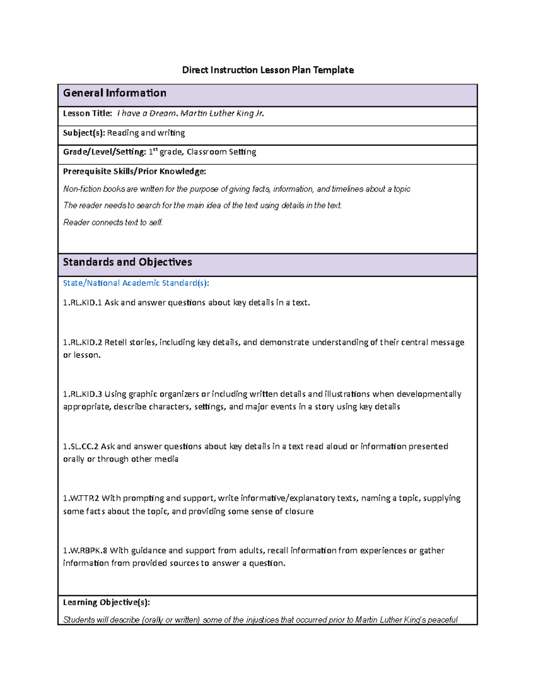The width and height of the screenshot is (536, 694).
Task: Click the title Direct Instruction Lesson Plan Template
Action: click(268, 70)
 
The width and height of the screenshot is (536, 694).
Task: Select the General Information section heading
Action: click(115, 93)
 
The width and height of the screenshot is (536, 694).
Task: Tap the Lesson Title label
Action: click(88, 114)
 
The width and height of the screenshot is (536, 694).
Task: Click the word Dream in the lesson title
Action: click(163, 114)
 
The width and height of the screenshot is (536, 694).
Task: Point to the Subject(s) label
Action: click(84, 133)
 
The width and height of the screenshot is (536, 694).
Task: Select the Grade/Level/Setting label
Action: click(105, 152)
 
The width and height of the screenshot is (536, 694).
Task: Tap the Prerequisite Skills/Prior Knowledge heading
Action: click(134, 171)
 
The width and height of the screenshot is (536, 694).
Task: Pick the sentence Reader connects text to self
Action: click(113, 223)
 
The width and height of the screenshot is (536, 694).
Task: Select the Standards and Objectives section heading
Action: click(127, 262)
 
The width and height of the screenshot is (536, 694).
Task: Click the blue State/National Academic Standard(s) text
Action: click(136, 283)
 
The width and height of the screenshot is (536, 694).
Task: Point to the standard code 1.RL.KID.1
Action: click(83, 303)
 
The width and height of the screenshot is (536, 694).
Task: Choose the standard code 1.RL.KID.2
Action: click(83, 342)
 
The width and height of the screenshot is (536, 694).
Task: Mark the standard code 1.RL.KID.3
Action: click(83, 394)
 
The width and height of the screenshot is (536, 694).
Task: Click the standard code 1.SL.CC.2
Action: click(81, 446)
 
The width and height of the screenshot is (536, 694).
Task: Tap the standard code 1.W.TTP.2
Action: click(81, 498)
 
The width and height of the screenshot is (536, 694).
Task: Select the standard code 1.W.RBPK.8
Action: click(85, 551)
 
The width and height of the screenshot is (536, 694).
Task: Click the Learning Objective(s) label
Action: click(106, 602)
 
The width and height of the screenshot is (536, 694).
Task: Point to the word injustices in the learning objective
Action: click(261, 620)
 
